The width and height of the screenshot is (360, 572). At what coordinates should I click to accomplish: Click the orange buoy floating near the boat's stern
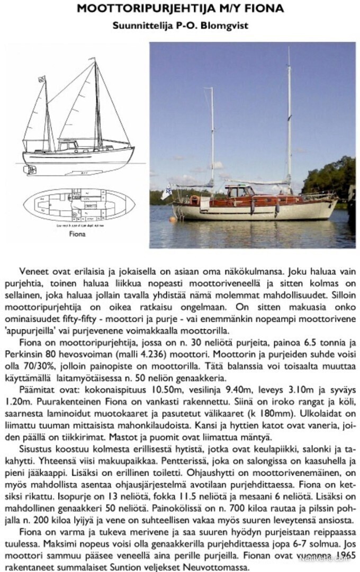click(x=172, y=219)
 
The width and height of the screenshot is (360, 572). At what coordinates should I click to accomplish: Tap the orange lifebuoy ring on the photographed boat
click(x=194, y=200)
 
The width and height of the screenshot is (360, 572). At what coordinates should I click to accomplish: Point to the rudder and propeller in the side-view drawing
click(x=31, y=169)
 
